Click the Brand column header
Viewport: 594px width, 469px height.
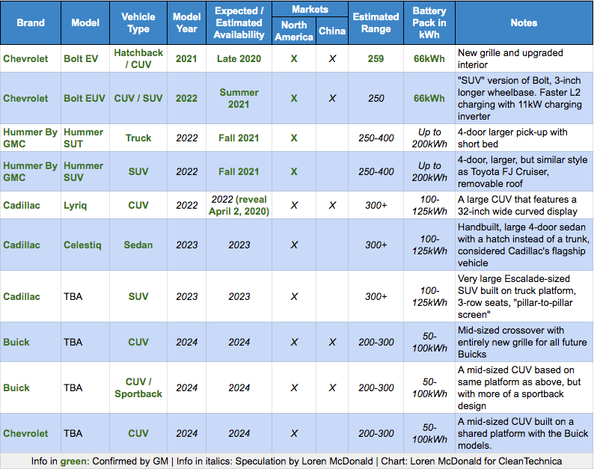(31, 22)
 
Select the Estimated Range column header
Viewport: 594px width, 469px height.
(376, 22)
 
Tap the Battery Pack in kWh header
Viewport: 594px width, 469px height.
(429, 22)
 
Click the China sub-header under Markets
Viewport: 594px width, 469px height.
(332, 31)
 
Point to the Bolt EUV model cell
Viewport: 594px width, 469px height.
(86, 98)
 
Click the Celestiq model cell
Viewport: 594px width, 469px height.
(86, 245)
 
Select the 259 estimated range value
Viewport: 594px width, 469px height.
(376, 58)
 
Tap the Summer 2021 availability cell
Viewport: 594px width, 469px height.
(239, 98)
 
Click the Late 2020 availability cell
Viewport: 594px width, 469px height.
(239, 58)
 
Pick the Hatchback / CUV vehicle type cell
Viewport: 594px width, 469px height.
(138, 58)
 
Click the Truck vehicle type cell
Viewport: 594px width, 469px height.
(138, 138)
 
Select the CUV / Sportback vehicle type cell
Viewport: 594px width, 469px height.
(138, 387)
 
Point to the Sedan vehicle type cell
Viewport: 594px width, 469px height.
(138, 245)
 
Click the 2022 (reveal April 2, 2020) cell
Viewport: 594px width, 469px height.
(239, 205)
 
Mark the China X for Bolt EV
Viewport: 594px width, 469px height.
(332, 58)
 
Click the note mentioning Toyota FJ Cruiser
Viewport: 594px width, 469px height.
(522, 171)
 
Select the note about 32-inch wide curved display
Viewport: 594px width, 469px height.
(522, 205)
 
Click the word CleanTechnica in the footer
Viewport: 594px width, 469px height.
(526, 461)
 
